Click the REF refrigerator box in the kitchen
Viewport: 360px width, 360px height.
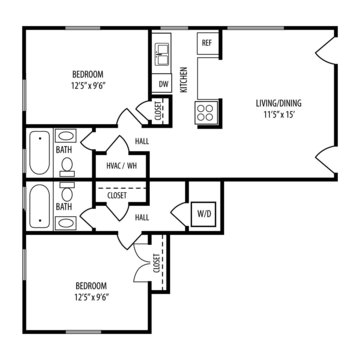208,43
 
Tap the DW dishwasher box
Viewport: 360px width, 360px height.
162,84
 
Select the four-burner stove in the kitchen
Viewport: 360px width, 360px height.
206,112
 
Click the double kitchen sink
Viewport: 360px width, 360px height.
163,56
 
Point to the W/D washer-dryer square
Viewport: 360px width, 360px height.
203,214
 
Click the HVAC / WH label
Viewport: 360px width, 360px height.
122,165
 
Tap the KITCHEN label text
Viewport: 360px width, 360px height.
184,80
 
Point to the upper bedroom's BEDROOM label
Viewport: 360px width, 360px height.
88,74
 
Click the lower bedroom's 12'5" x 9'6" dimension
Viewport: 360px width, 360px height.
92,297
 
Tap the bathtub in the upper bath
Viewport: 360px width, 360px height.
40,152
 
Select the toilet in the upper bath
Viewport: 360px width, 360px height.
67,167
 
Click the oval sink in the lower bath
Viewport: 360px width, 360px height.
66,222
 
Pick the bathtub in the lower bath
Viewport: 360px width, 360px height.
40,206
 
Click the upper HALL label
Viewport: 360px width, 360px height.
142,141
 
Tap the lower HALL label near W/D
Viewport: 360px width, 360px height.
142,218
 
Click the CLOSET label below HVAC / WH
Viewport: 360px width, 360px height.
117,196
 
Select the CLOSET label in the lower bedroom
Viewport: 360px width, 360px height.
156,264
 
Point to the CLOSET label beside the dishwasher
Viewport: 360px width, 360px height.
158,111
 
